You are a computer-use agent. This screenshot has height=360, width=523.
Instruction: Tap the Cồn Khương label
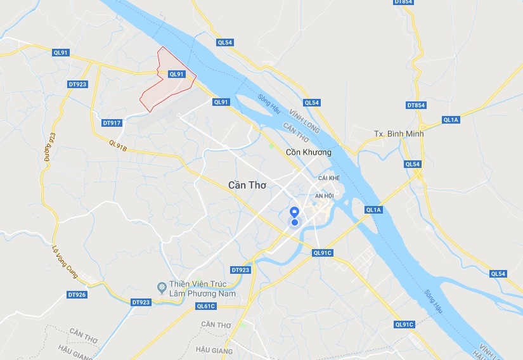point(309,152)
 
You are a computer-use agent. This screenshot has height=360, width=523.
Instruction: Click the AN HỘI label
point(325,196)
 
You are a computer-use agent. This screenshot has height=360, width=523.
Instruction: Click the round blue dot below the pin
point(295,222)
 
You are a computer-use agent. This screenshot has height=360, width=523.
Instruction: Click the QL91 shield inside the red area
point(176,74)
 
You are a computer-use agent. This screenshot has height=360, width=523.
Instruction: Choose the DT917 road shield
point(111,123)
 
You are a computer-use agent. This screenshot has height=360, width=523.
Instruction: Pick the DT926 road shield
point(77,295)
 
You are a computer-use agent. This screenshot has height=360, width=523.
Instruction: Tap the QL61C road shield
point(207,306)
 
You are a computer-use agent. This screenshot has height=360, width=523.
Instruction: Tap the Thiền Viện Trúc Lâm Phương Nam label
point(202,289)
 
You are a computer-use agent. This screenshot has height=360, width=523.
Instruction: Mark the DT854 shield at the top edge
point(403,3)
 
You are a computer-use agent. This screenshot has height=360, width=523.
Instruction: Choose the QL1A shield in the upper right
point(451,120)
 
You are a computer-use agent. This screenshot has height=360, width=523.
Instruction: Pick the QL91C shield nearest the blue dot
point(323,253)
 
